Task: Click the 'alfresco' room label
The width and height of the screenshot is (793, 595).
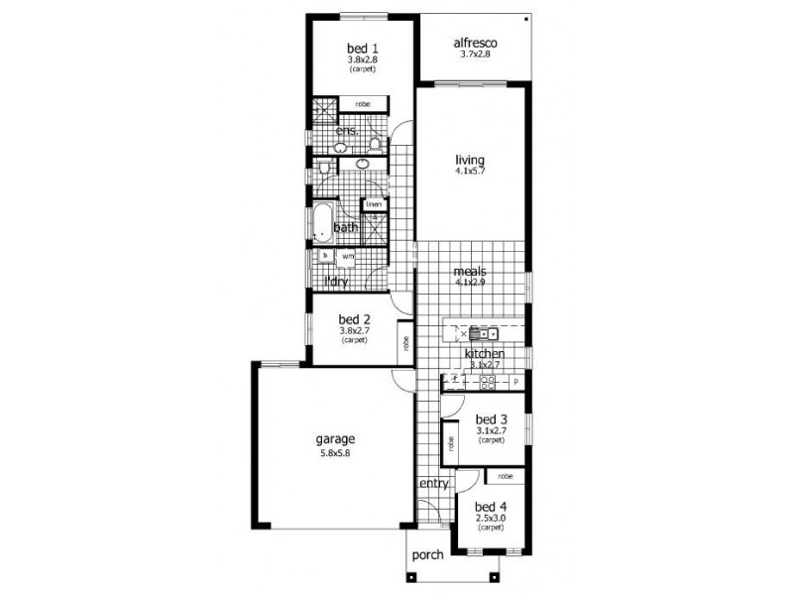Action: coord(475,43)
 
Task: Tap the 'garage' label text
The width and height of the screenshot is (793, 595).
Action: coord(335,438)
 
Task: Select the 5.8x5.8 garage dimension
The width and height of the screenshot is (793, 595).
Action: coord(335,453)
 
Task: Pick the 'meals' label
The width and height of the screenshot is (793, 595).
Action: coord(469,271)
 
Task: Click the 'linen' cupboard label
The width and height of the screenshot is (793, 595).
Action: coord(374,205)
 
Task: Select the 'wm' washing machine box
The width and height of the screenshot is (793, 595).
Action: coord(348,257)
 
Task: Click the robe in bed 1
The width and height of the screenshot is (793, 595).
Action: coord(364,103)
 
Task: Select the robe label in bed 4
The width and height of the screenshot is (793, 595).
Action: coord(506,477)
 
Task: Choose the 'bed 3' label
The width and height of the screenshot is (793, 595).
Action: coord(492,419)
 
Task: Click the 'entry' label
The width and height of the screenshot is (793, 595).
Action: coord(434,484)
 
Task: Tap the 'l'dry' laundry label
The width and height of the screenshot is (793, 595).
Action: coord(337,282)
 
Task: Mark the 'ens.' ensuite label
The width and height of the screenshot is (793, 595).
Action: coord(346,131)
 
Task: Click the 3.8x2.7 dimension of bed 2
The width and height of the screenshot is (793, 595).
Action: coord(354,330)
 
